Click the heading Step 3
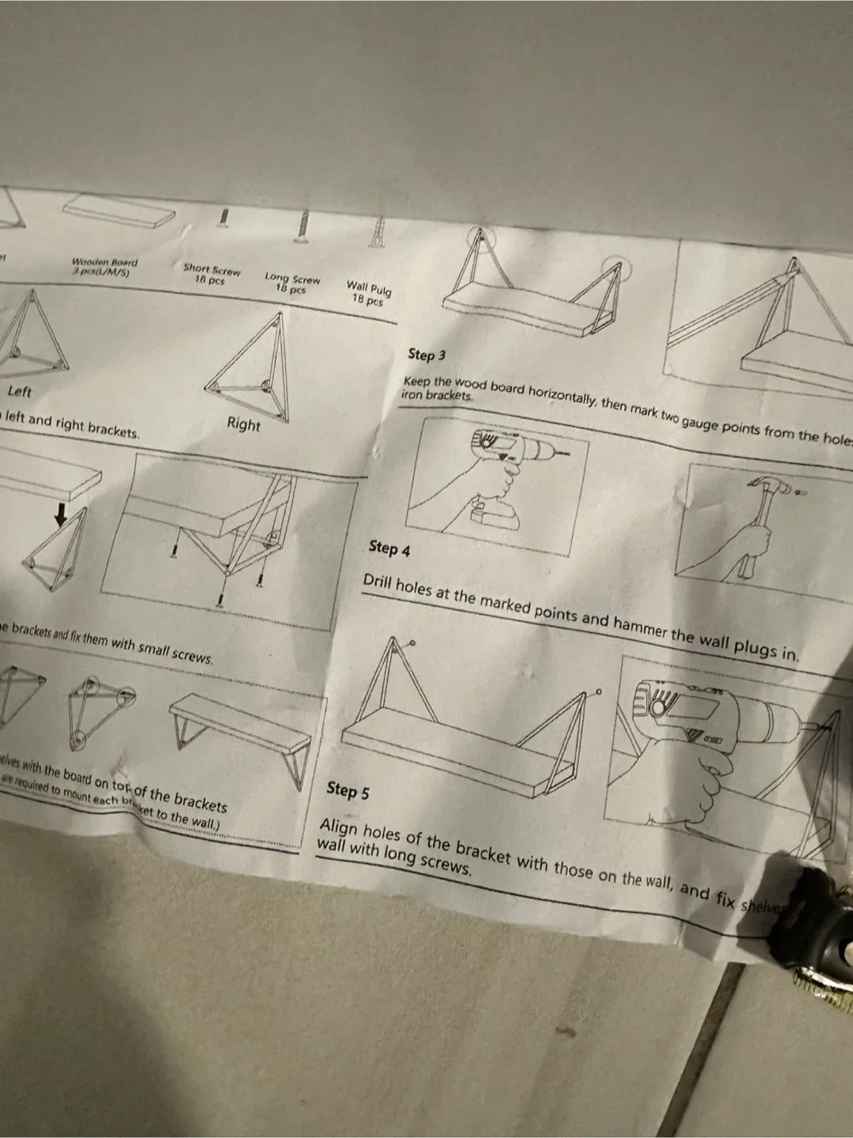[426, 355]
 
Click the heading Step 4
[389, 548]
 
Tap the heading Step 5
[348, 789]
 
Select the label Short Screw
[211, 269]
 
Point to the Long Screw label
[292, 279]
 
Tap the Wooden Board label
[104, 262]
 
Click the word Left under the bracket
[20, 391]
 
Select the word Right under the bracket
[243, 424]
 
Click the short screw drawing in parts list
[225, 217]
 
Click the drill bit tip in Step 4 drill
[566, 454]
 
